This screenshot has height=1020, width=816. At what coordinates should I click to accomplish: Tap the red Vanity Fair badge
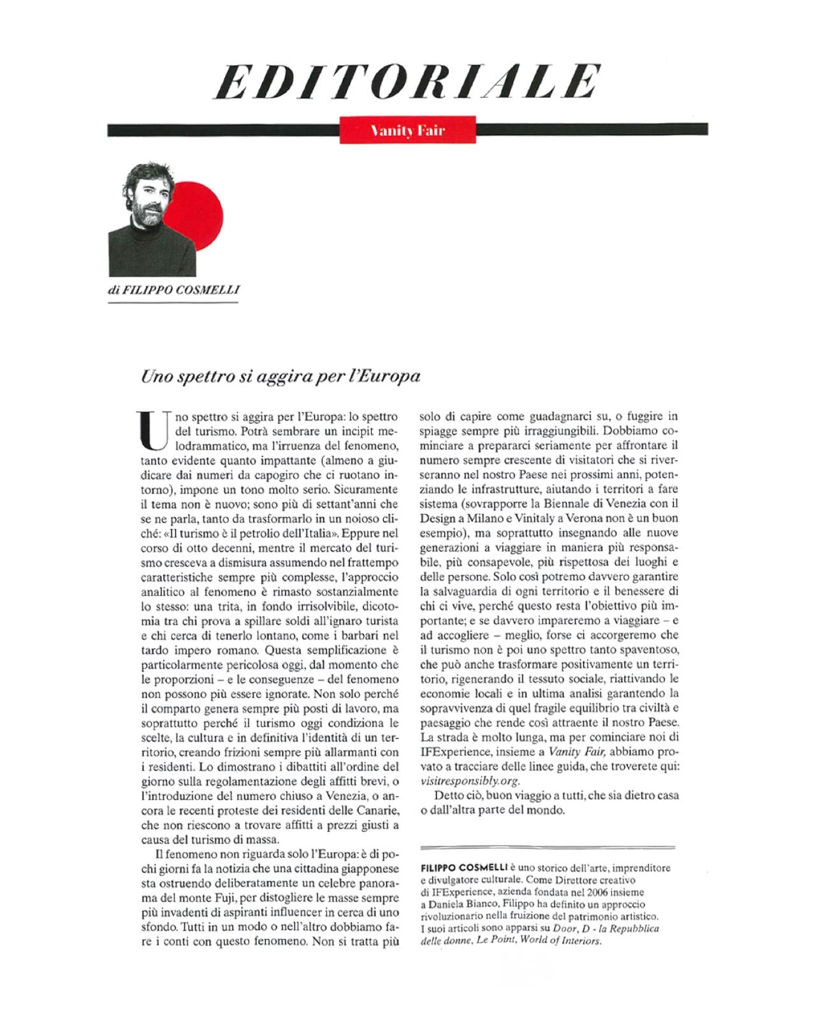pos(407,130)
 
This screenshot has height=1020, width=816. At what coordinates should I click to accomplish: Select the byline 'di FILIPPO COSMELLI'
pos(174,289)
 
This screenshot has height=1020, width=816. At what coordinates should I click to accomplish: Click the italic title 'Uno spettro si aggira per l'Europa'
pos(280,375)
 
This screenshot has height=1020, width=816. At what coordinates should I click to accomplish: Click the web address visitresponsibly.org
pos(470,781)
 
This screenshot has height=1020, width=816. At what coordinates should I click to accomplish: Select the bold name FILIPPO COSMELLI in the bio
pos(463,868)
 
